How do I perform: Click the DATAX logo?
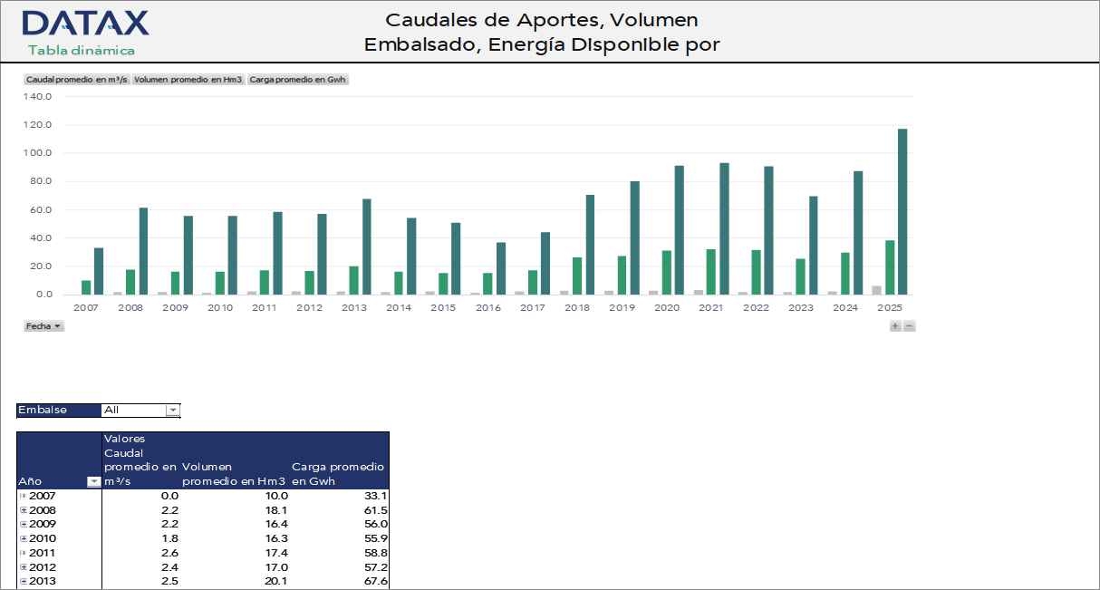point(85,24)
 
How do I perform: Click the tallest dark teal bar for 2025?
point(902,211)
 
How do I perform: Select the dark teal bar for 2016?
point(501,268)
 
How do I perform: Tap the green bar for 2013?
point(353,280)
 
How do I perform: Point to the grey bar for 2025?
point(876,290)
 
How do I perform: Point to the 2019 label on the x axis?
point(622,308)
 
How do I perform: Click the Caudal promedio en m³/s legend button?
point(77,80)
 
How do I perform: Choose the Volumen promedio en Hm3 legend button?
point(188,80)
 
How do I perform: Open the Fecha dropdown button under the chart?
point(43,325)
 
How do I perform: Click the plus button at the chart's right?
point(895,326)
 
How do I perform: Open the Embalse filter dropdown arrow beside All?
point(172,411)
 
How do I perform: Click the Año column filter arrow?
point(93,482)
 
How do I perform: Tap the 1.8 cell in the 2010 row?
point(169,538)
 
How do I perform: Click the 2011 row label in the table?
point(42,553)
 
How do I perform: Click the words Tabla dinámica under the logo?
point(82,51)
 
